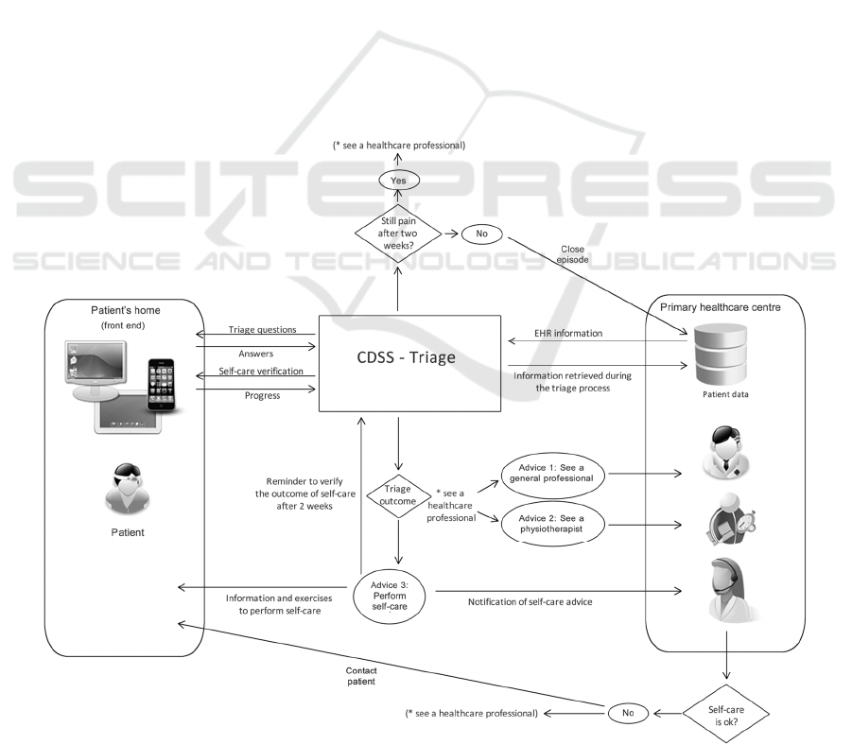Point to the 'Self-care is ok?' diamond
point(725,712)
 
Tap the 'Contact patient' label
point(361,676)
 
